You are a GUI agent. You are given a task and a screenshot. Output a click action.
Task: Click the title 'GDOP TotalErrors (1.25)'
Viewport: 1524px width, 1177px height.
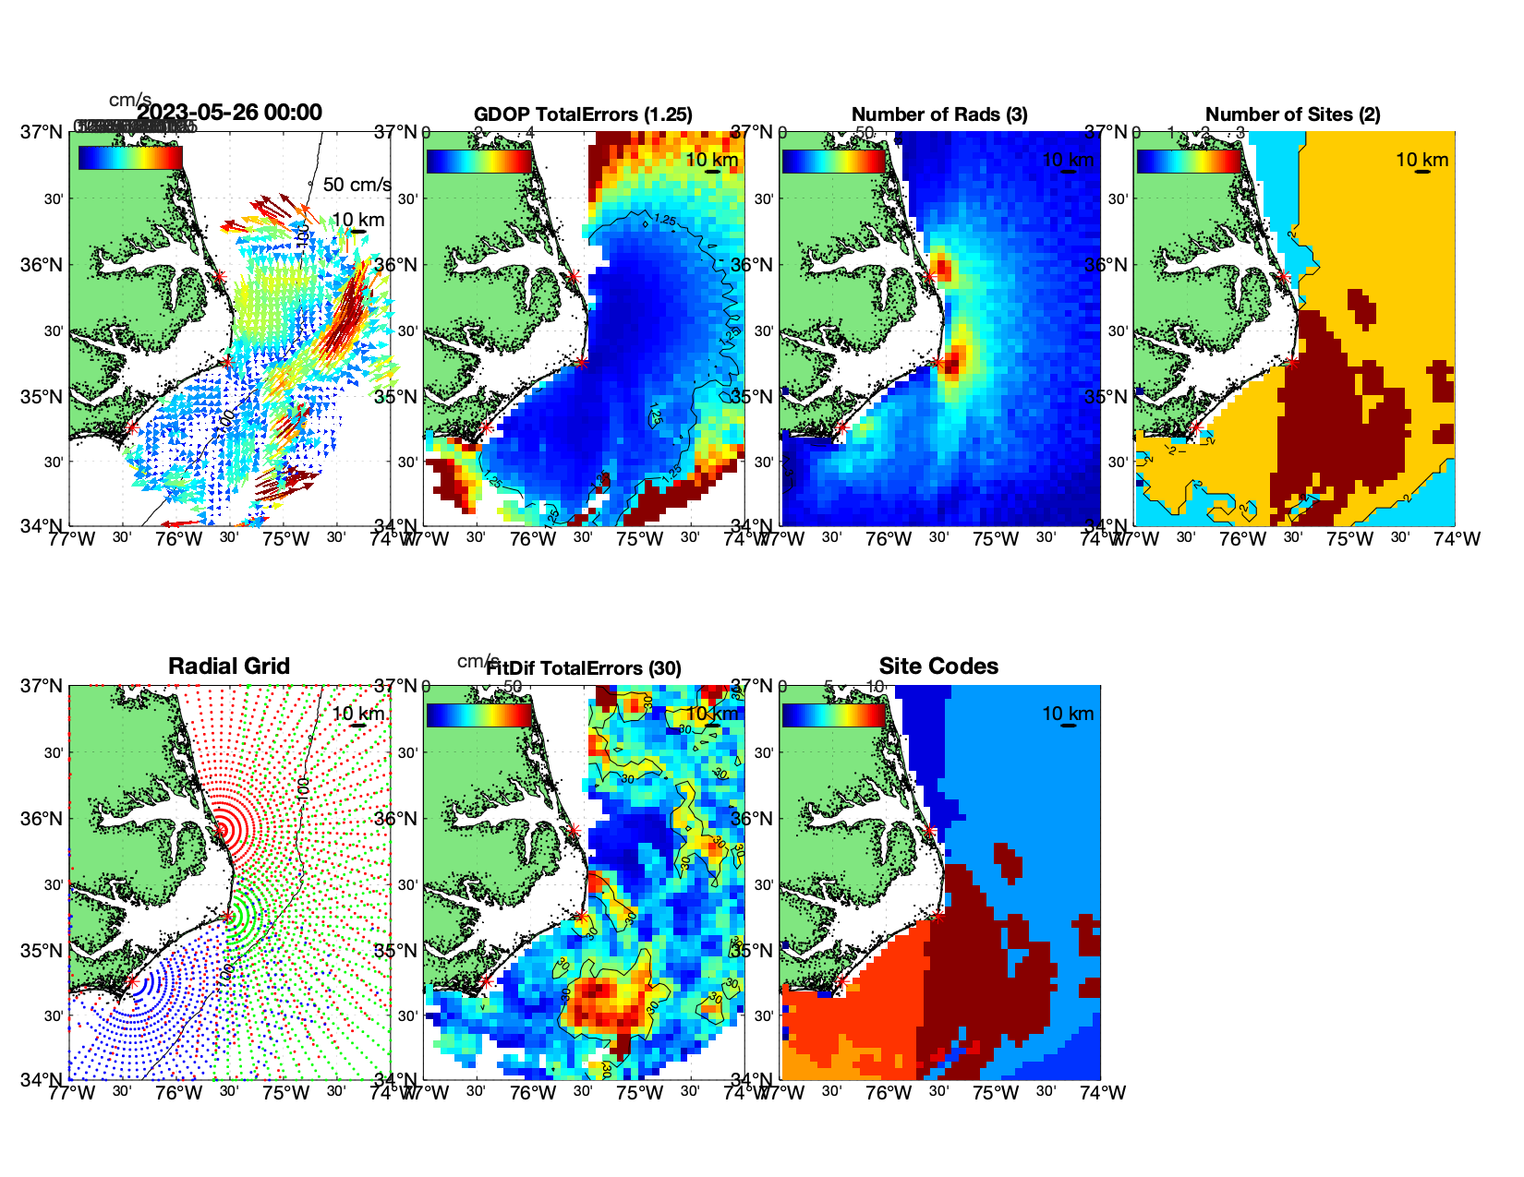click(583, 114)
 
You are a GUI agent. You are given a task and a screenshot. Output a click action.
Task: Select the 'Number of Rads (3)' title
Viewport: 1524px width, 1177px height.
click(939, 114)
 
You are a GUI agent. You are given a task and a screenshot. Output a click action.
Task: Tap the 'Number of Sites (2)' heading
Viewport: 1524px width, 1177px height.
click(1292, 114)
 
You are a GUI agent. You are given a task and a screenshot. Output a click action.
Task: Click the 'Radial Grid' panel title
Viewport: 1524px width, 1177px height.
click(229, 667)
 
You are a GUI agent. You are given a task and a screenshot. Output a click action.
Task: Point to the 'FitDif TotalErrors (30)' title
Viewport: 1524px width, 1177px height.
click(584, 668)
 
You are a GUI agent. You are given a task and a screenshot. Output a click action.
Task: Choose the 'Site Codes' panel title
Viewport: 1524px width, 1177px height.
click(938, 667)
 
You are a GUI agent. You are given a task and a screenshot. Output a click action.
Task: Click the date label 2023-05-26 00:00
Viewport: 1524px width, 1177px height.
click(229, 113)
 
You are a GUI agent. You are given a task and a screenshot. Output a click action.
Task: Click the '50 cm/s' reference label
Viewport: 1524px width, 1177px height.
click(357, 185)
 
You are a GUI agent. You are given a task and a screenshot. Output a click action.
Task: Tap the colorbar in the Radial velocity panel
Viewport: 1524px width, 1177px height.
click(130, 158)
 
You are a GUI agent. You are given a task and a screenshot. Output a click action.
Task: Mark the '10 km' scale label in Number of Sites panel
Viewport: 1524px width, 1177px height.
click(1421, 160)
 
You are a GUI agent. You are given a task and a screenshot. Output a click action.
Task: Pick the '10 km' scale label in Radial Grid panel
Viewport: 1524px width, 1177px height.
click(357, 714)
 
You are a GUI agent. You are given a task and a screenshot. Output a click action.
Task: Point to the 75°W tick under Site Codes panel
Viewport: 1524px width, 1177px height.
click(996, 1093)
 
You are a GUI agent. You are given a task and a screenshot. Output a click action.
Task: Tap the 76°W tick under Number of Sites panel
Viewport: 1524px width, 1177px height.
click(1242, 539)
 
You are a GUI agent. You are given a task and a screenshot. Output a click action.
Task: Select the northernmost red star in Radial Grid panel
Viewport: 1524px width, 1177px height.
click(221, 830)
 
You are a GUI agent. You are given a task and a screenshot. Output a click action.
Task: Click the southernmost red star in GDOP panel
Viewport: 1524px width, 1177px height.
click(486, 427)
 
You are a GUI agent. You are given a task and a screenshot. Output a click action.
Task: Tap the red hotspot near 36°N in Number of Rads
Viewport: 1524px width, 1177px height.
click(942, 269)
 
